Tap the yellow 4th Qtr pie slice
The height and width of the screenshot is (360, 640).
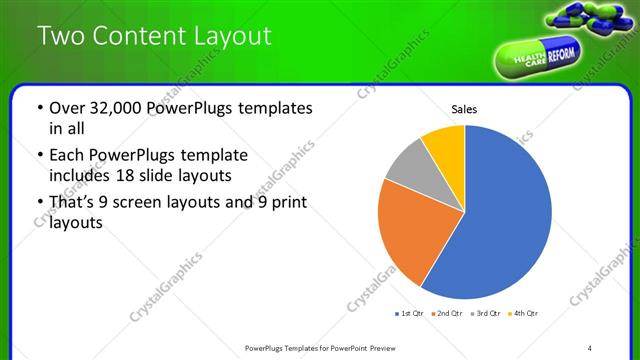point(444,145)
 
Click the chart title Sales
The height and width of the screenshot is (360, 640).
point(464,108)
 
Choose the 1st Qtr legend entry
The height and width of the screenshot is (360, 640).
point(410,314)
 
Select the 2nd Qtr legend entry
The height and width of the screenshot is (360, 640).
point(447,314)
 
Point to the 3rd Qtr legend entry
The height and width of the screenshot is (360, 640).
point(484,314)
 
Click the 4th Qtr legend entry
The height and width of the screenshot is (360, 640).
point(521,314)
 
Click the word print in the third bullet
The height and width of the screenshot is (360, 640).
point(288,203)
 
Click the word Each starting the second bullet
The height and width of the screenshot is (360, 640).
point(69,155)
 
